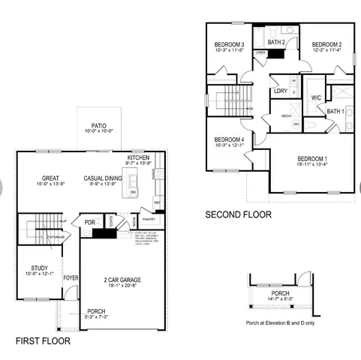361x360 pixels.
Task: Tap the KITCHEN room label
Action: click(x=139, y=157)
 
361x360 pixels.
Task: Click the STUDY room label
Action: click(x=40, y=268)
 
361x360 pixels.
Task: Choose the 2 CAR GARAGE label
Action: click(x=122, y=280)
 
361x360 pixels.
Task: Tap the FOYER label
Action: click(x=71, y=277)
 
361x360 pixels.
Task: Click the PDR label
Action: click(x=90, y=223)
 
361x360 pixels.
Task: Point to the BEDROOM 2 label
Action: click(x=326, y=44)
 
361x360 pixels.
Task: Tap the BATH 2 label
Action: click(x=276, y=43)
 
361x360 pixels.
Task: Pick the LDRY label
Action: click(x=281, y=91)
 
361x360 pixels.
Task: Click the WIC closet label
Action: click(x=316, y=97)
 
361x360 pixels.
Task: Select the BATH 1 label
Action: click(x=335, y=112)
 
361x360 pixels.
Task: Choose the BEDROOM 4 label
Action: click(x=229, y=140)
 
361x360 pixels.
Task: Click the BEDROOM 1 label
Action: click(x=311, y=159)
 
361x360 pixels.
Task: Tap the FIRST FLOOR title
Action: click(x=44, y=340)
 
